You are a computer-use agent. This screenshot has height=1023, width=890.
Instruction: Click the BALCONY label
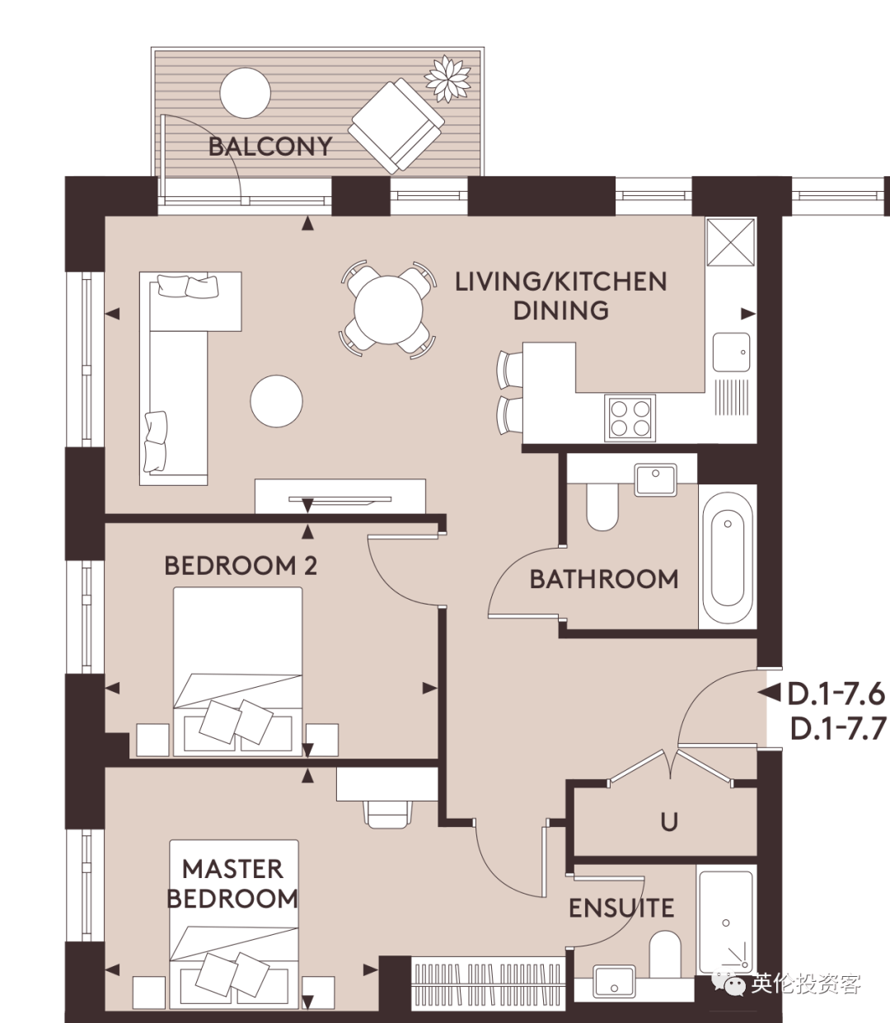[270, 147]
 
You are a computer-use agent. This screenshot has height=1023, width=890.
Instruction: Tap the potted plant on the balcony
[447, 79]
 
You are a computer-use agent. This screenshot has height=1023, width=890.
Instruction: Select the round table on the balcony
[245, 93]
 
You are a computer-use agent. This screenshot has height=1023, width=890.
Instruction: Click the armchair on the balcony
[396, 125]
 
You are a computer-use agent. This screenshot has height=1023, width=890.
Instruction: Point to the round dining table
[388, 310]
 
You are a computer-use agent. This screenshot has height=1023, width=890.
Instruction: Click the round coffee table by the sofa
[276, 401]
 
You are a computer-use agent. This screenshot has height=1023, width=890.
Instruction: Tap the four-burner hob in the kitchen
[630, 418]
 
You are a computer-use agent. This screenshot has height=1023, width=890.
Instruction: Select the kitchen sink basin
[731, 352]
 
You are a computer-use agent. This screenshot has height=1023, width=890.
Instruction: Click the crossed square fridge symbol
[730, 242]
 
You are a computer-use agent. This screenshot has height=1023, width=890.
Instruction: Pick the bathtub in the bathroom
[728, 557]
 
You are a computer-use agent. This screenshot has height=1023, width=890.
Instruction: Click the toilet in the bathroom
[602, 506]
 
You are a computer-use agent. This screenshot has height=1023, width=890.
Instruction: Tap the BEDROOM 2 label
[241, 566]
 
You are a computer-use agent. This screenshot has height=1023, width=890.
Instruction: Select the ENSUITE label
[621, 909]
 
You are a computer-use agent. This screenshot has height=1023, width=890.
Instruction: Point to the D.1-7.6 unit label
[836, 694]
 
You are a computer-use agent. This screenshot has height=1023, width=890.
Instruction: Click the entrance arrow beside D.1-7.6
[769, 693]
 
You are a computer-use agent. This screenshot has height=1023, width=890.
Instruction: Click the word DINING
[561, 311]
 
